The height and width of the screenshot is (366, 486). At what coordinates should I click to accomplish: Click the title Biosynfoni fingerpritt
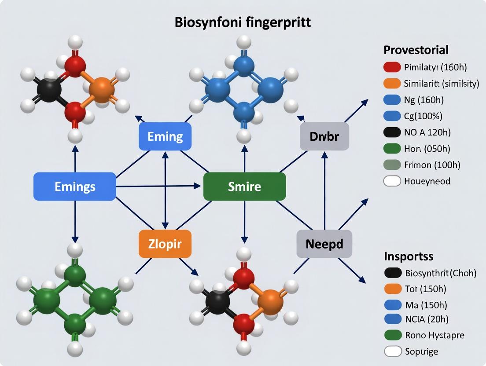tap(243, 22)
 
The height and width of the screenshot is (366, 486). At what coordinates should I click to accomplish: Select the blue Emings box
tap(75, 187)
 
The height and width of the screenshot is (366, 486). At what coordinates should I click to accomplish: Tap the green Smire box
tap(244, 187)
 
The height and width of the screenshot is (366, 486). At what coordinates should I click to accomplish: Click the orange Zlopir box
tap(165, 244)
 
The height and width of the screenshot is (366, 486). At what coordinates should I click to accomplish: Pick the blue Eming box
tap(165, 136)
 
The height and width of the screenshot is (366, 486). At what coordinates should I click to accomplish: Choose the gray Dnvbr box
tap(324, 136)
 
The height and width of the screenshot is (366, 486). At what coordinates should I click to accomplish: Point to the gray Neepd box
tap(324, 244)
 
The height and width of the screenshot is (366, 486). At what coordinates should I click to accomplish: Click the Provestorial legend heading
tap(416, 49)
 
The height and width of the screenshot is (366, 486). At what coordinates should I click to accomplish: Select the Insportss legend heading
tap(409, 256)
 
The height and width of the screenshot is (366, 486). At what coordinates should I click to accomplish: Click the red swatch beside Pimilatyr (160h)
tap(392, 67)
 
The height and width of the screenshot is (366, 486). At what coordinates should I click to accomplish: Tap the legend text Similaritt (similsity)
tap(441, 84)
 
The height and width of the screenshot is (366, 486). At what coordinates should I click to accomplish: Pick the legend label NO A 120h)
tap(427, 132)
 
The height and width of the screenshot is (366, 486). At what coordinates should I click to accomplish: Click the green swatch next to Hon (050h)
tap(392, 149)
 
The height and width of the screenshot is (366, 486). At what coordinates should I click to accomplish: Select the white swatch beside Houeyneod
tap(392, 181)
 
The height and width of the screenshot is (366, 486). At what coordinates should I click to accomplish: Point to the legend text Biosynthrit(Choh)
tap(440, 273)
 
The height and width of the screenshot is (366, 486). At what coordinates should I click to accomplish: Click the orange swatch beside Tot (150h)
tap(393, 289)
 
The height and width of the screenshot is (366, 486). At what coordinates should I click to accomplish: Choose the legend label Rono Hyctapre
tap(434, 335)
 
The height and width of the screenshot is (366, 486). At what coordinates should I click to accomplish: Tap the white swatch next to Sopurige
tap(393, 351)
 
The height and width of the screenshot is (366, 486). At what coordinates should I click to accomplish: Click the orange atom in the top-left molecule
tap(101, 90)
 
